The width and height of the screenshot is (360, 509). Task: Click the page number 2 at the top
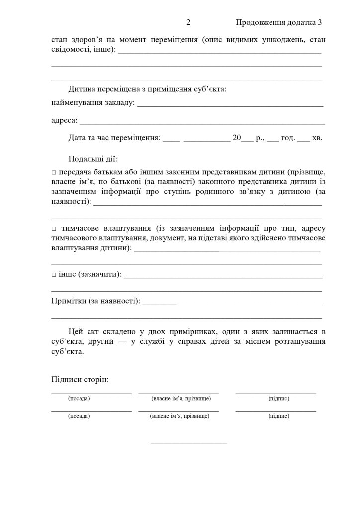188,23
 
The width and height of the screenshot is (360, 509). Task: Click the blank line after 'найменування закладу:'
230,106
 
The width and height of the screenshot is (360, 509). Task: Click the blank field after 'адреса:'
202,122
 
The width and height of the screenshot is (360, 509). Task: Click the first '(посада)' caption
79,399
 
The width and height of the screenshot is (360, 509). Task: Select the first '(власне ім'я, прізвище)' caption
181,399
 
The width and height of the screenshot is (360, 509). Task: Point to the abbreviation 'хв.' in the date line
317,138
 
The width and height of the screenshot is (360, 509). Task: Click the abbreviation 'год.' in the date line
288,138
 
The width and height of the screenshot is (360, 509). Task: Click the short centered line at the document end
188,442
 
